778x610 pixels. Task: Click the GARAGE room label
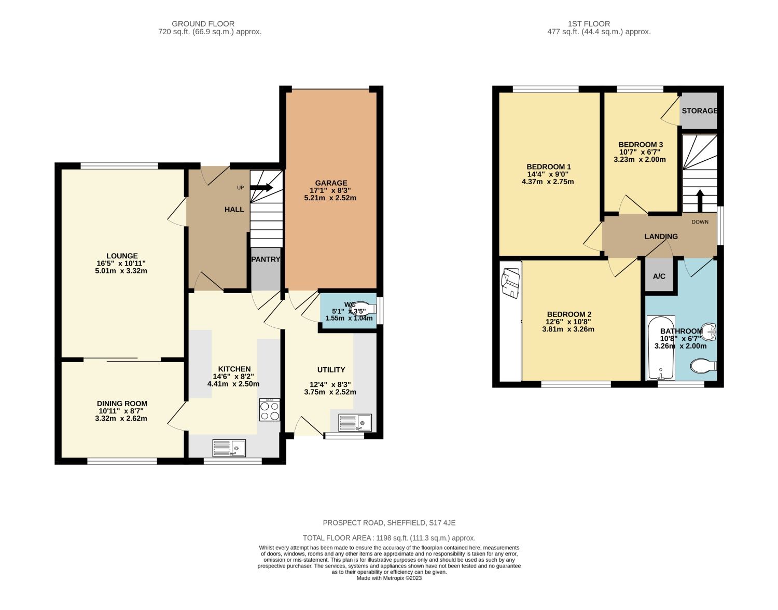(331, 183)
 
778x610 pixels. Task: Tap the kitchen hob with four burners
(269, 410)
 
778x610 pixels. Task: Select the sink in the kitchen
(229, 448)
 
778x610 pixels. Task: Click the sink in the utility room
(355, 423)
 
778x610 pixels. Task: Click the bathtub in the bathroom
(660, 348)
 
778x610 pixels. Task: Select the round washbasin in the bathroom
(709, 330)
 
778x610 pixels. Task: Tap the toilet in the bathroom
(703, 366)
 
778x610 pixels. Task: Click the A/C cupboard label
(659, 276)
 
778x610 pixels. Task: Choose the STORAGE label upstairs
(699, 111)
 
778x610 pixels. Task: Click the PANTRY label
(266, 259)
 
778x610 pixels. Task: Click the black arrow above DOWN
(700, 200)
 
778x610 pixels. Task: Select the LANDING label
(661, 237)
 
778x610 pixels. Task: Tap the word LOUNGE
(122, 256)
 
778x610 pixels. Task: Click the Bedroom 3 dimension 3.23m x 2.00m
(640, 160)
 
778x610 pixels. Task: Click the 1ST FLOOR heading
(589, 24)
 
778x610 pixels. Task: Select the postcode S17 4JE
(442, 523)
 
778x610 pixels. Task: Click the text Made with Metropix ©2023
(389, 578)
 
